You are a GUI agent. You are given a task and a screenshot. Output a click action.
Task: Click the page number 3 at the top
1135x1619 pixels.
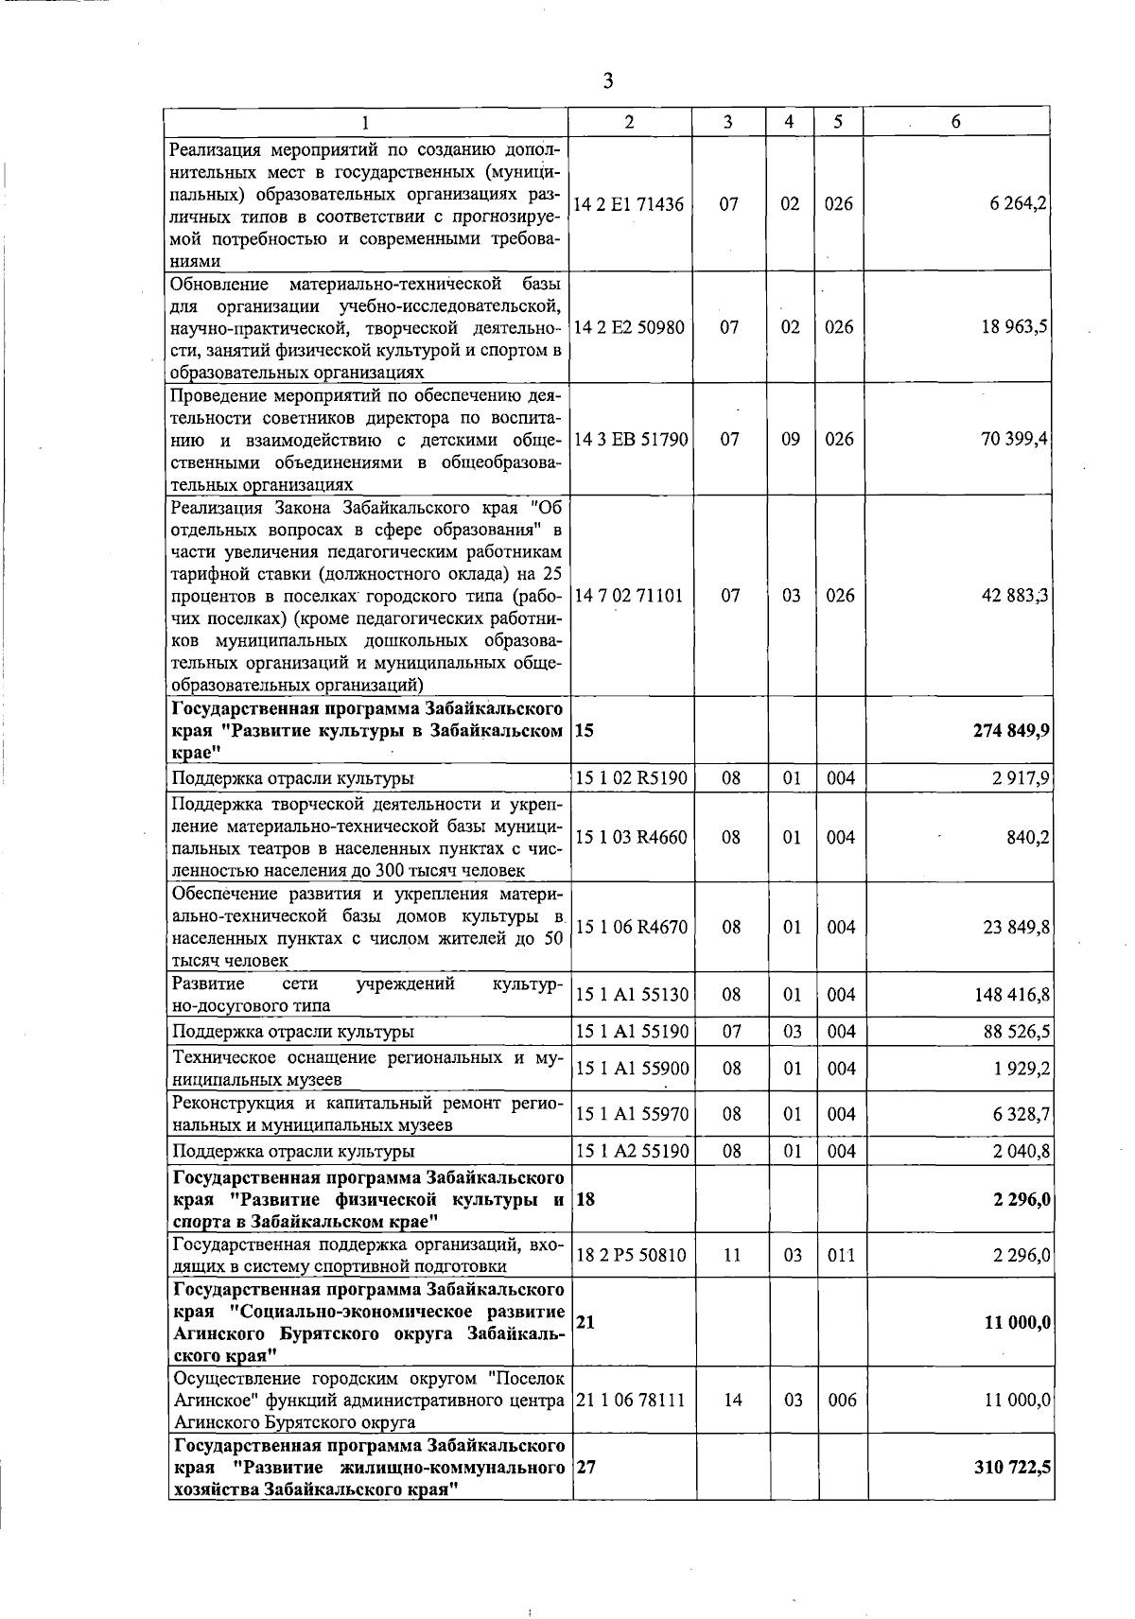point(607,81)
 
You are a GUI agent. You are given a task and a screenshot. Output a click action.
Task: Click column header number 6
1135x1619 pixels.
point(956,122)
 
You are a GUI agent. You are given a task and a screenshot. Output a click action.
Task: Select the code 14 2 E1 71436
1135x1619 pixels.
point(628,204)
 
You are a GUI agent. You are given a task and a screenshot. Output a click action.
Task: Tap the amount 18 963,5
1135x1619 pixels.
point(1015,327)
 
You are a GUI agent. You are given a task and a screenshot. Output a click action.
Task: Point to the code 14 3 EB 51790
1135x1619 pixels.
point(630,440)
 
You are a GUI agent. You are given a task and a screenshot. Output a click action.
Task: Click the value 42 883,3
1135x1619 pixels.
point(1015,596)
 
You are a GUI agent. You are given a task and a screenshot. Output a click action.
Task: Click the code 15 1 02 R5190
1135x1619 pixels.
point(631,778)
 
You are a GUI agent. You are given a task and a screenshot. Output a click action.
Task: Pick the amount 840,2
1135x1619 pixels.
point(1028,838)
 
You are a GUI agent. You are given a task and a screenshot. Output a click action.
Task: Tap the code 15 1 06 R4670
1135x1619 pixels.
point(631,928)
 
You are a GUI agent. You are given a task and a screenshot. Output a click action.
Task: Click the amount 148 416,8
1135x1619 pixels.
point(1011,995)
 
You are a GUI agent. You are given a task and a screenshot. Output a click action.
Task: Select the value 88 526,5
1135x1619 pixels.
point(1015,1032)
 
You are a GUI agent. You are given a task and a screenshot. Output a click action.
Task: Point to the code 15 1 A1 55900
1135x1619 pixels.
point(631,1069)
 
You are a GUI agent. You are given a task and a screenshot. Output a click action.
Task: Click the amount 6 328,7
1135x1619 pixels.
point(1021,1115)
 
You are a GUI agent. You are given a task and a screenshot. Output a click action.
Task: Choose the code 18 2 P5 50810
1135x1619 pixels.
point(631,1256)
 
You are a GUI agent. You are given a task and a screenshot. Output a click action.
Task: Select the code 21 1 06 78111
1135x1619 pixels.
point(629,1401)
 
